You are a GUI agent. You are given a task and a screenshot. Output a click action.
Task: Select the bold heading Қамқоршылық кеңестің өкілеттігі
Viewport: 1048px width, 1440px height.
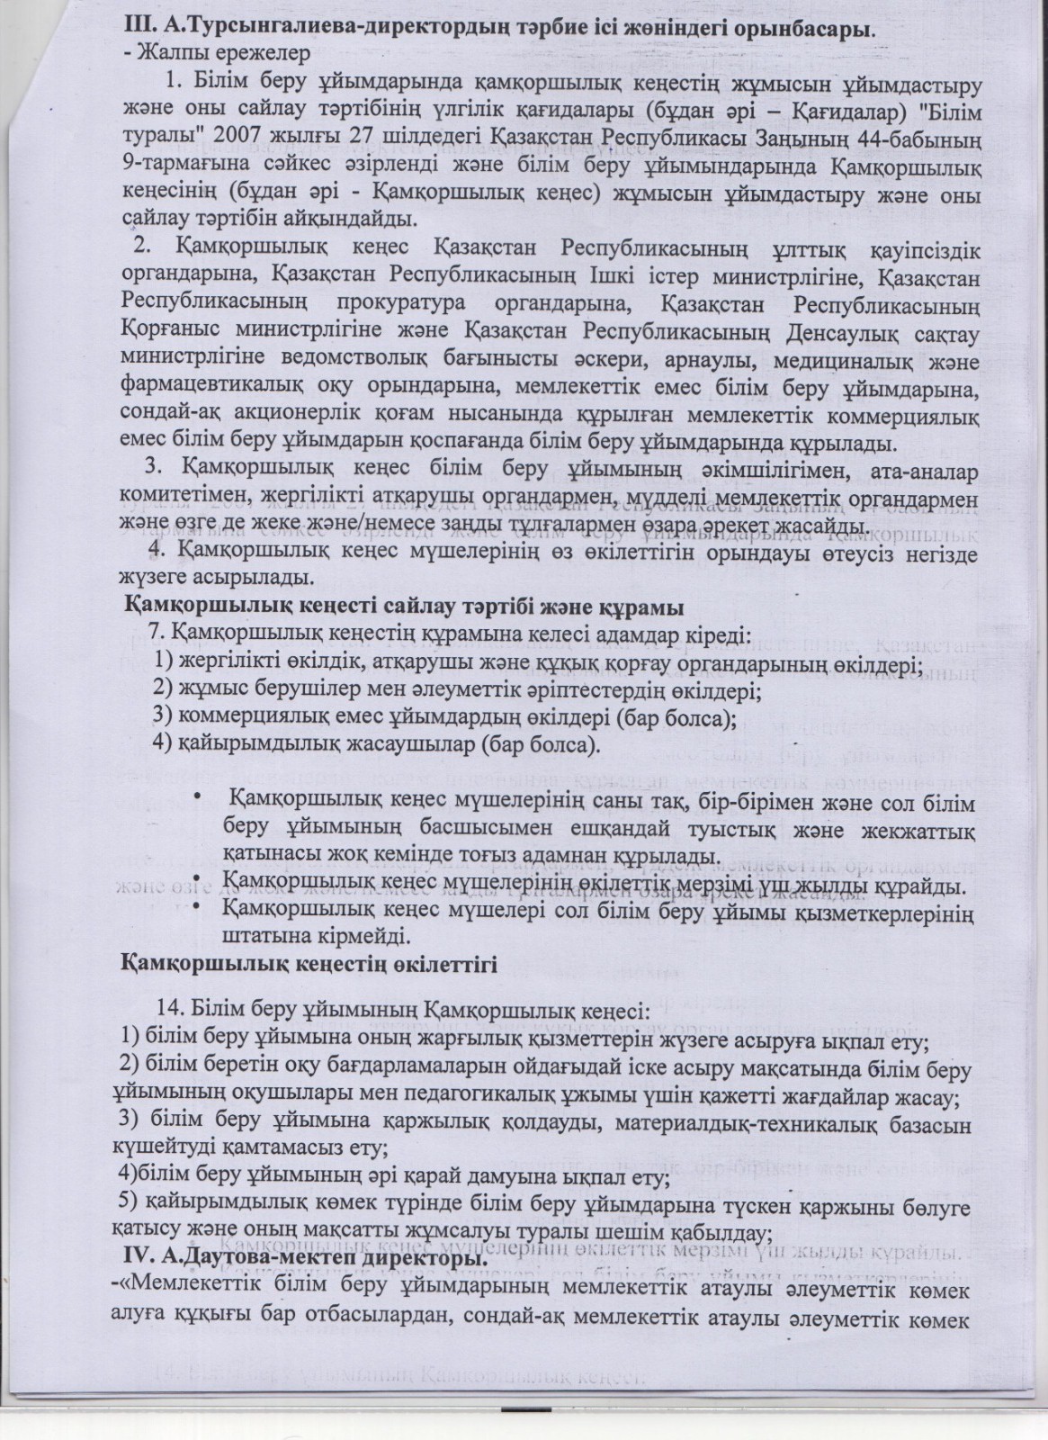coord(310,966)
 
